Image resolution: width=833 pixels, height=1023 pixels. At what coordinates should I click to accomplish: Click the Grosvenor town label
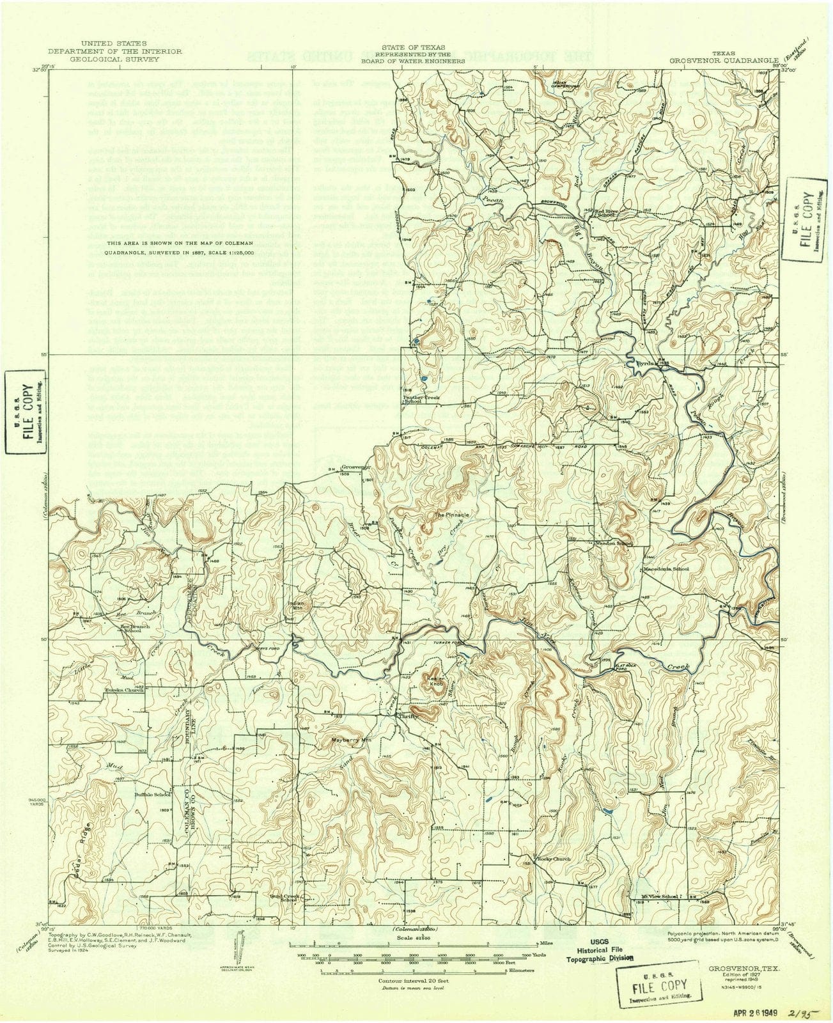(357, 467)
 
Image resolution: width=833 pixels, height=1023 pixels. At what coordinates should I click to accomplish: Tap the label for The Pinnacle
(452, 515)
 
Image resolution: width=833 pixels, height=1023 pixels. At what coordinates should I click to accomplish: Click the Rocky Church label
(553, 859)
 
